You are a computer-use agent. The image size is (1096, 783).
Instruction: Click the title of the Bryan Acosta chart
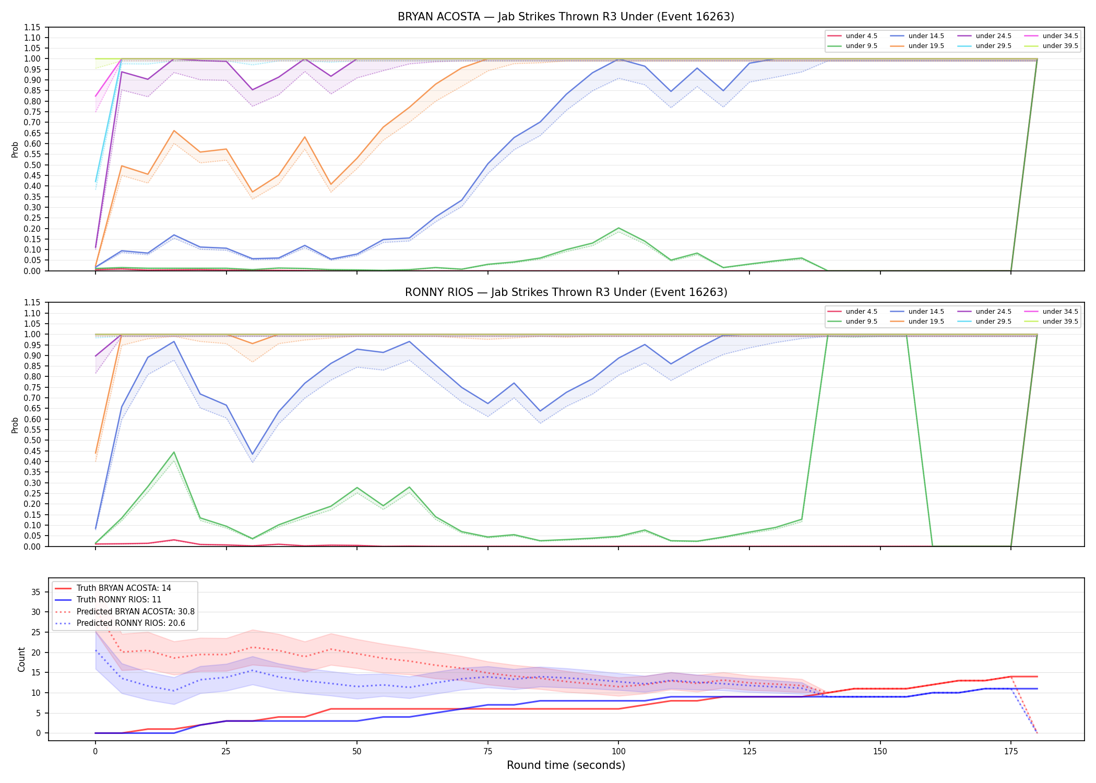[566, 17]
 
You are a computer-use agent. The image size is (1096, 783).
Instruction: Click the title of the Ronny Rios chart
[566, 292]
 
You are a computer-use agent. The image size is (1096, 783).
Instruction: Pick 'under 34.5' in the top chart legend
[1060, 36]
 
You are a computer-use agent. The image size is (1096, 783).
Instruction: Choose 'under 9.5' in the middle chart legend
[861, 322]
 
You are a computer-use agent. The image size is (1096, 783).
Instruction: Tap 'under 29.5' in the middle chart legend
[993, 322]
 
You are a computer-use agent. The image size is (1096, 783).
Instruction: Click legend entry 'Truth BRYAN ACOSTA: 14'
[124, 588]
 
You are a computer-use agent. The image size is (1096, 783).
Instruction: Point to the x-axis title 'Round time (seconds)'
[566, 765]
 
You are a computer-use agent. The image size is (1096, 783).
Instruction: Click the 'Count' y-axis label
[21, 659]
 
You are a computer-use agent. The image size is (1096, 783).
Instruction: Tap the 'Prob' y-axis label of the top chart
[15, 149]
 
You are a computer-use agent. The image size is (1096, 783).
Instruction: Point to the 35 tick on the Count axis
[36, 592]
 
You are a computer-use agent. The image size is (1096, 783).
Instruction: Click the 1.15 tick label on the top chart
[32, 27]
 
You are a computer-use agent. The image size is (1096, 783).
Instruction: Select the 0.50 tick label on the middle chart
[32, 441]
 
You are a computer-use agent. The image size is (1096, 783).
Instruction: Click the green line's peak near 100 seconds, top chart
[618, 228]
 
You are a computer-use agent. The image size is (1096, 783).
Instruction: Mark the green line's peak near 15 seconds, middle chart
[174, 452]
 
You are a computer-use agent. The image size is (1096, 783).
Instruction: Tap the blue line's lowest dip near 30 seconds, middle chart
[253, 454]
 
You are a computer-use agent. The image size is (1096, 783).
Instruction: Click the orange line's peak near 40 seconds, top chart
[305, 137]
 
